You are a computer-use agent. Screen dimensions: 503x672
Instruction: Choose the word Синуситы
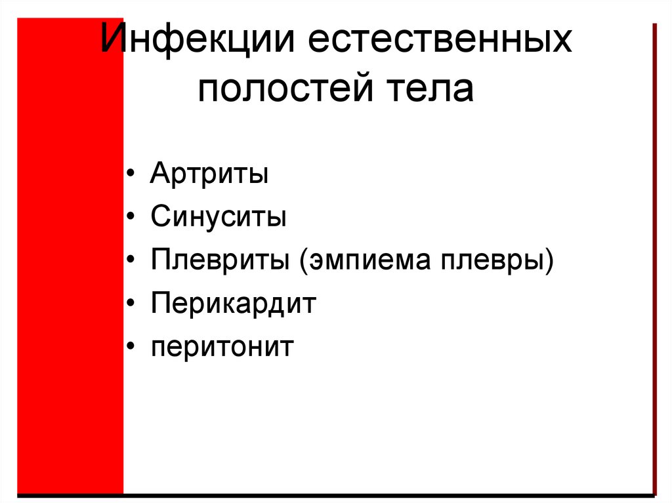[x=218, y=217]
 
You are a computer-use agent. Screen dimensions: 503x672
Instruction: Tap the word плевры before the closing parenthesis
[x=495, y=260]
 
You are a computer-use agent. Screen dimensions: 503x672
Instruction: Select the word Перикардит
[x=233, y=304]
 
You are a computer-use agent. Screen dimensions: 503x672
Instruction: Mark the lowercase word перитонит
[x=222, y=347]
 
